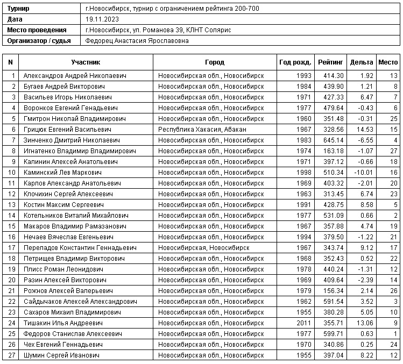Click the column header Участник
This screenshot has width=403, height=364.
86,62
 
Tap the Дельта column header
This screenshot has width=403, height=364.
361,62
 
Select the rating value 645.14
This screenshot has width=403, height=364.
333,140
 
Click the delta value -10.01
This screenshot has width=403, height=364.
362,172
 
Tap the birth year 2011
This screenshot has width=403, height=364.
303,323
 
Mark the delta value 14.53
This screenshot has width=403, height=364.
364,129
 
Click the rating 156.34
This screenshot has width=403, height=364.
333,290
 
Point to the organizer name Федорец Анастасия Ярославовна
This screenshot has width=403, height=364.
137,40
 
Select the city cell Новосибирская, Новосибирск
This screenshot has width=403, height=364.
203,247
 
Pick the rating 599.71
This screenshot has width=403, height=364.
333,333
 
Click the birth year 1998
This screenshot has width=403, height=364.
303,172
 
